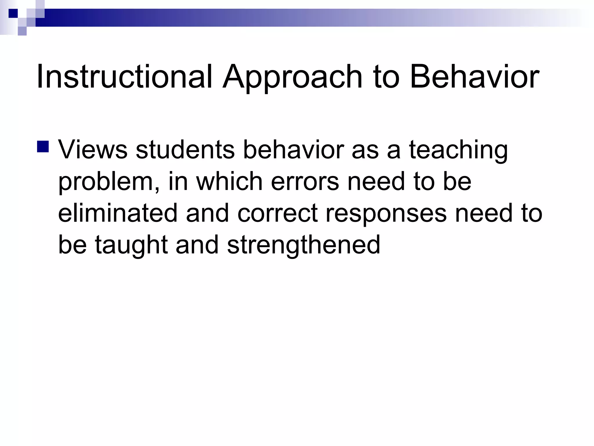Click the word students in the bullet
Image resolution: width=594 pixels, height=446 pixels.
[x=185, y=150]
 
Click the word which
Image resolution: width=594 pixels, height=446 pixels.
[x=229, y=181]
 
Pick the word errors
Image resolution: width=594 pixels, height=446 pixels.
[x=305, y=181]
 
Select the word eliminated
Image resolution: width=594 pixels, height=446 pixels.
[x=117, y=213]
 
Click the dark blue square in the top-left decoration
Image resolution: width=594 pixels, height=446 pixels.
[x=13, y=13]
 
